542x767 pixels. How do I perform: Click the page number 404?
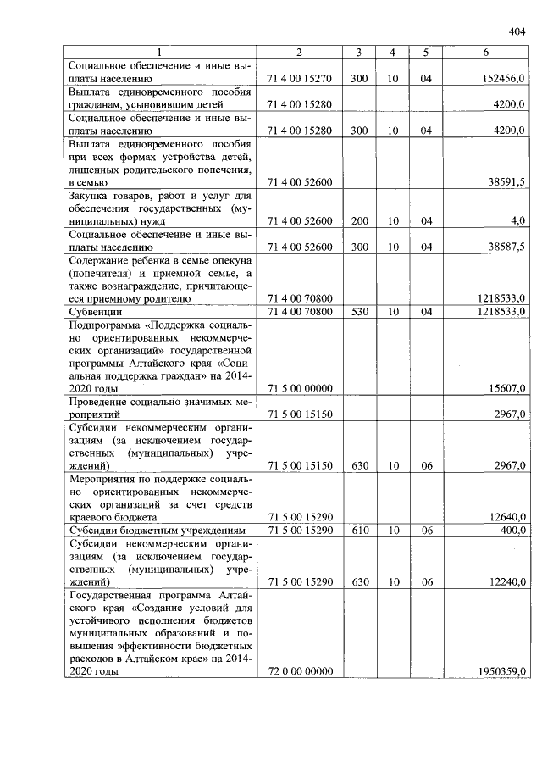[x=517, y=31]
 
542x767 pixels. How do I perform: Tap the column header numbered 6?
[x=485, y=53]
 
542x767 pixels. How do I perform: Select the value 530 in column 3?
[x=359, y=312]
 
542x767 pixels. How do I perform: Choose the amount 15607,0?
[x=506, y=388]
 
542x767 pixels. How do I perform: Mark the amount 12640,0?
[x=506, y=517]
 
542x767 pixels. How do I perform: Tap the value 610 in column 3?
[x=359, y=530]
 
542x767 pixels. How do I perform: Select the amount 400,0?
[x=512, y=530]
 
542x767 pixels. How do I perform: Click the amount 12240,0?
[x=506, y=582]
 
